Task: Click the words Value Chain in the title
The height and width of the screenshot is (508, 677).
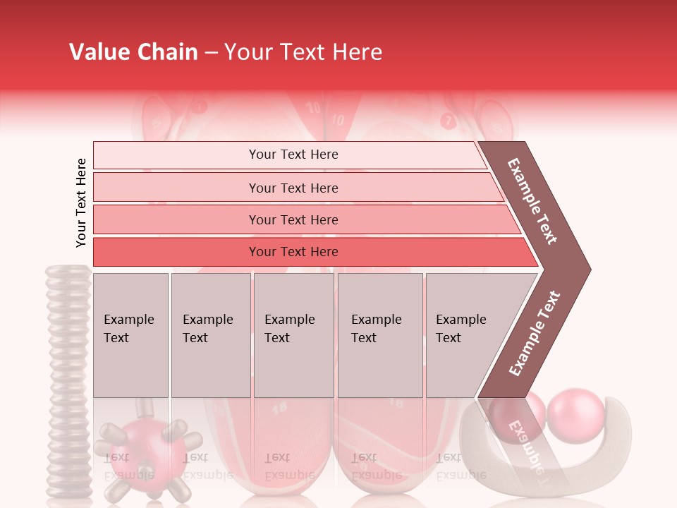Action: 133,52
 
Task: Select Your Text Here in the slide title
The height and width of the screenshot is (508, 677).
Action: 303,52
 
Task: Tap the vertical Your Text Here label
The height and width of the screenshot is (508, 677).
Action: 81,202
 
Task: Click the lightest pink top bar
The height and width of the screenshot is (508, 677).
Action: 289,155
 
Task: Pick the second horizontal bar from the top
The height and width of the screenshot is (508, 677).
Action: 296,188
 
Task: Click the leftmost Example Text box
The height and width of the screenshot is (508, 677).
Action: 130,335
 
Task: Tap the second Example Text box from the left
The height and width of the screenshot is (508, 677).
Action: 210,335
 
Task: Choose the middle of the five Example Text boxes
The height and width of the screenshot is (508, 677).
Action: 293,335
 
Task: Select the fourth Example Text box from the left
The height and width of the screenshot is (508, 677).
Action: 380,335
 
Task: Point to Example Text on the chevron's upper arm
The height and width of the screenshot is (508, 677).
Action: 532,201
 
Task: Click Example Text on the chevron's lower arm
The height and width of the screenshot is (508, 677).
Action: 535,334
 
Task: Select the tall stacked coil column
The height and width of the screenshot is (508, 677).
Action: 68,381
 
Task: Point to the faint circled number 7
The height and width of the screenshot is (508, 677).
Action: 447,121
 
